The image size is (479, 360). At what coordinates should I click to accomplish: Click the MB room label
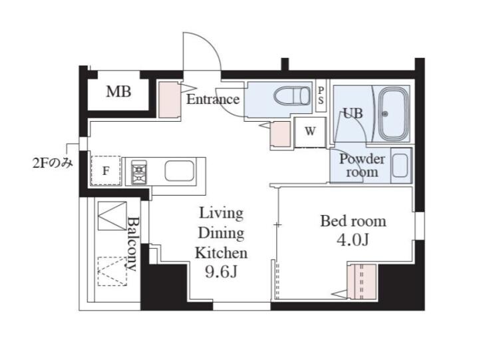(x=118, y=92)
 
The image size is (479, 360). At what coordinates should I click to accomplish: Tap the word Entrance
(x=213, y=99)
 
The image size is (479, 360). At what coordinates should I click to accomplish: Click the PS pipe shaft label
(x=321, y=95)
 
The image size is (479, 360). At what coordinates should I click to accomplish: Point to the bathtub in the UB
(x=393, y=114)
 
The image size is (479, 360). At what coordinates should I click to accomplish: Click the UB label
(x=353, y=113)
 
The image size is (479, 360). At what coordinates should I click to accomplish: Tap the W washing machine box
(x=310, y=132)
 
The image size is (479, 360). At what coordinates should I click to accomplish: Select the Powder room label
(x=362, y=165)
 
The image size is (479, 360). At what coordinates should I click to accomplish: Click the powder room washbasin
(x=400, y=165)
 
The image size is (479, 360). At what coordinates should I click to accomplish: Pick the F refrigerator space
(x=105, y=170)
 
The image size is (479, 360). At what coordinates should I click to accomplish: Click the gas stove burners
(x=139, y=172)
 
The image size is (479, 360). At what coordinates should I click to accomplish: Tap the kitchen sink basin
(x=179, y=171)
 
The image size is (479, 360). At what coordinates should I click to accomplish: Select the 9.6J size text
(x=221, y=271)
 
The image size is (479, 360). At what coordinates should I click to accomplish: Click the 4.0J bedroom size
(x=353, y=240)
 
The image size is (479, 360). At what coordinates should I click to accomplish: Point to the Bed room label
(x=353, y=221)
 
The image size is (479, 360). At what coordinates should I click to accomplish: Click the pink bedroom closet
(x=362, y=281)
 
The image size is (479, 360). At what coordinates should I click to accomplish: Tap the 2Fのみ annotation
(x=53, y=163)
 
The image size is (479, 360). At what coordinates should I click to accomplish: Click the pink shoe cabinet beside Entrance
(x=169, y=99)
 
